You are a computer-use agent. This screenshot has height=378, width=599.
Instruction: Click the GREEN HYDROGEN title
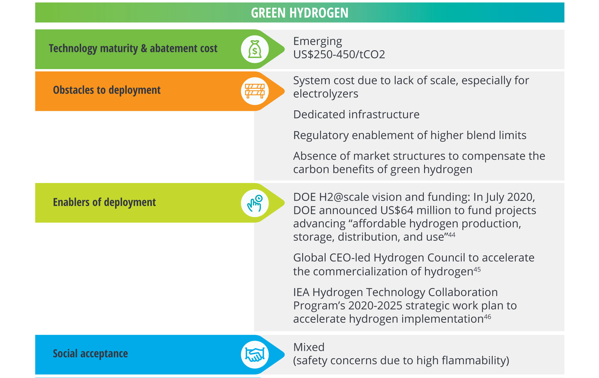pyautogui.click(x=299, y=13)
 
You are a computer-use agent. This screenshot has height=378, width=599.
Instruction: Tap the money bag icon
pyautogui.click(x=255, y=49)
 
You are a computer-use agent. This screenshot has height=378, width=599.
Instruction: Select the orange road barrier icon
pyautogui.click(x=255, y=91)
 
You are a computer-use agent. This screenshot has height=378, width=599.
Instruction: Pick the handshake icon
pyautogui.click(x=255, y=355)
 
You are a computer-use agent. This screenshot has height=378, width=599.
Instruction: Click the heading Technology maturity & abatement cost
pyautogui.click(x=133, y=48)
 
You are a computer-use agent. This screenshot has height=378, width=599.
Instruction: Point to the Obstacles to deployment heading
pyautogui.click(x=107, y=90)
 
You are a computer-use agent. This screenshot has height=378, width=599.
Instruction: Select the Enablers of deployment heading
pyautogui.click(x=104, y=202)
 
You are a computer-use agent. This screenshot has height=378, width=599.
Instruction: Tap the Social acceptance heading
pyautogui.click(x=90, y=353)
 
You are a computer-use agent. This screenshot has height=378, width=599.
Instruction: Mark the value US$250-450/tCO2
pyautogui.click(x=339, y=54)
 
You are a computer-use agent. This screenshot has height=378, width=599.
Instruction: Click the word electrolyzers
pyautogui.click(x=326, y=94)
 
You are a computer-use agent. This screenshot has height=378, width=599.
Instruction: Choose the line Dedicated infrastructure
pyautogui.click(x=356, y=115)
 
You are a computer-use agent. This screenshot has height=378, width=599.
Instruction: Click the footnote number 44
pyautogui.click(x=452, y=235)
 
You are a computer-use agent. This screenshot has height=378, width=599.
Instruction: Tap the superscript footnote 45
pyautogui.click(x=477, y=269)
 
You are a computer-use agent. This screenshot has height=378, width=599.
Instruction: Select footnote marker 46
pyautogui.click(x=488, y=317)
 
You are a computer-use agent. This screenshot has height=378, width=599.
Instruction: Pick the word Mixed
pyautogui.click(x=309, y=347)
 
